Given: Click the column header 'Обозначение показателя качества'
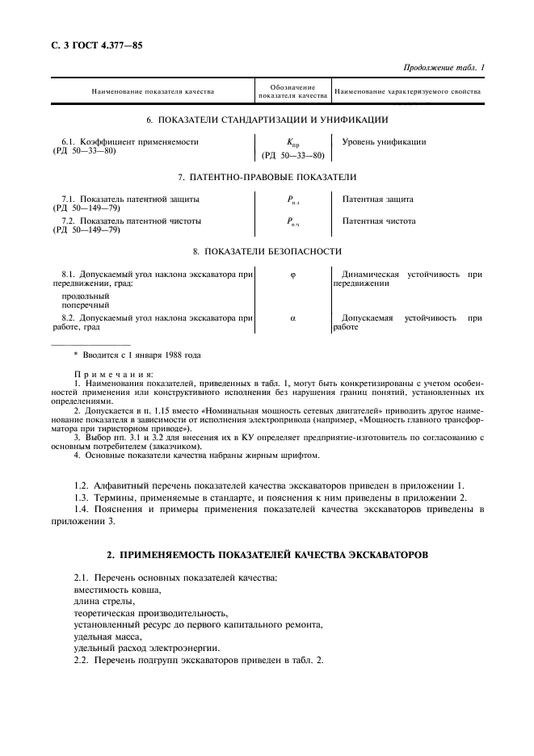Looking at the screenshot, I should [x=292, y=92].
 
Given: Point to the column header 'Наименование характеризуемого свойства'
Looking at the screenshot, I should [x=407, y=92].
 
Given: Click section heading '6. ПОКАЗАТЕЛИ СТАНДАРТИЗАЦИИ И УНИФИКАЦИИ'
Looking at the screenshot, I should [x=267, y=120].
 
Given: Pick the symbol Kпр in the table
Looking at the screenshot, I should [x=292, y=142].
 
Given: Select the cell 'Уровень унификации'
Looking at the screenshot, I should [x=384, y=141].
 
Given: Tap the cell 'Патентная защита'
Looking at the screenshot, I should [x=377, y=198].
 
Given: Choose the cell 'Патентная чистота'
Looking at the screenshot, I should [x=379, y=220].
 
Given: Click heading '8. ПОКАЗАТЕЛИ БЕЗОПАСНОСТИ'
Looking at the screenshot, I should [x=267, y=251].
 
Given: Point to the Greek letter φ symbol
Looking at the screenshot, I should [x=292, y=275].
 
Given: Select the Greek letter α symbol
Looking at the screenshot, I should [x=292, y=318].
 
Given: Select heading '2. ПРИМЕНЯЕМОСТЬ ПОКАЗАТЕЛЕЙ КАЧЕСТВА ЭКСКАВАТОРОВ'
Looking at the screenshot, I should [x=267, y=556].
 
